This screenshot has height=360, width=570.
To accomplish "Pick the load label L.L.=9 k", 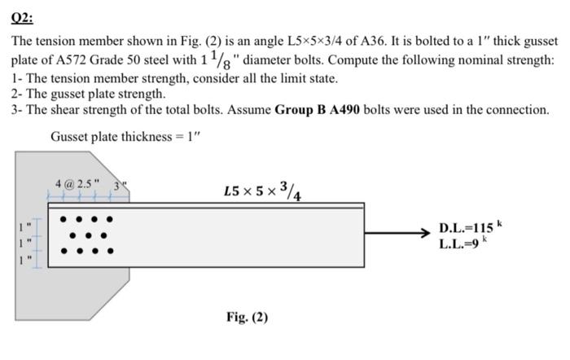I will point(465,243).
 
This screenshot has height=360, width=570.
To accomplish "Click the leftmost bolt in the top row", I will point(62,219).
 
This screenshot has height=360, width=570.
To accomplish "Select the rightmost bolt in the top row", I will point(111,219).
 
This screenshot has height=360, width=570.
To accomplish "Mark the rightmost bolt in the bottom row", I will point(111,251).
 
